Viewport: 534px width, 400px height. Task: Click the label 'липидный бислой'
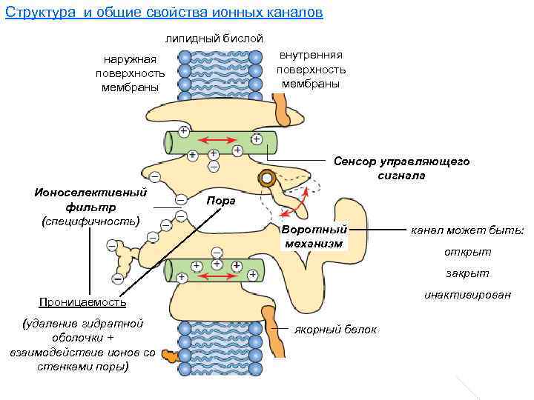[214, 38]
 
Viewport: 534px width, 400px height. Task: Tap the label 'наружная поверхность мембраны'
[130, 73]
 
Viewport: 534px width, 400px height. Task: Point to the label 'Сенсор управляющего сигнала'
[400, 168]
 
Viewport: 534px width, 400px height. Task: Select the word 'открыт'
[467, 252]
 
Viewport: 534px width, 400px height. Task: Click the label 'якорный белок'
[335, 330]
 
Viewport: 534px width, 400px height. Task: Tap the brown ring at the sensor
[266, 179]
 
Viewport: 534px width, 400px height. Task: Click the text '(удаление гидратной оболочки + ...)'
[82, 345]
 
